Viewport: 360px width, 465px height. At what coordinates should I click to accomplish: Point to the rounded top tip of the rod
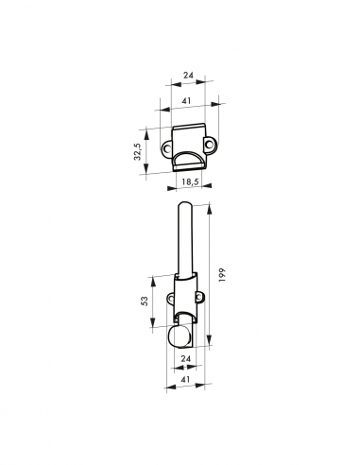point(184,205)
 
